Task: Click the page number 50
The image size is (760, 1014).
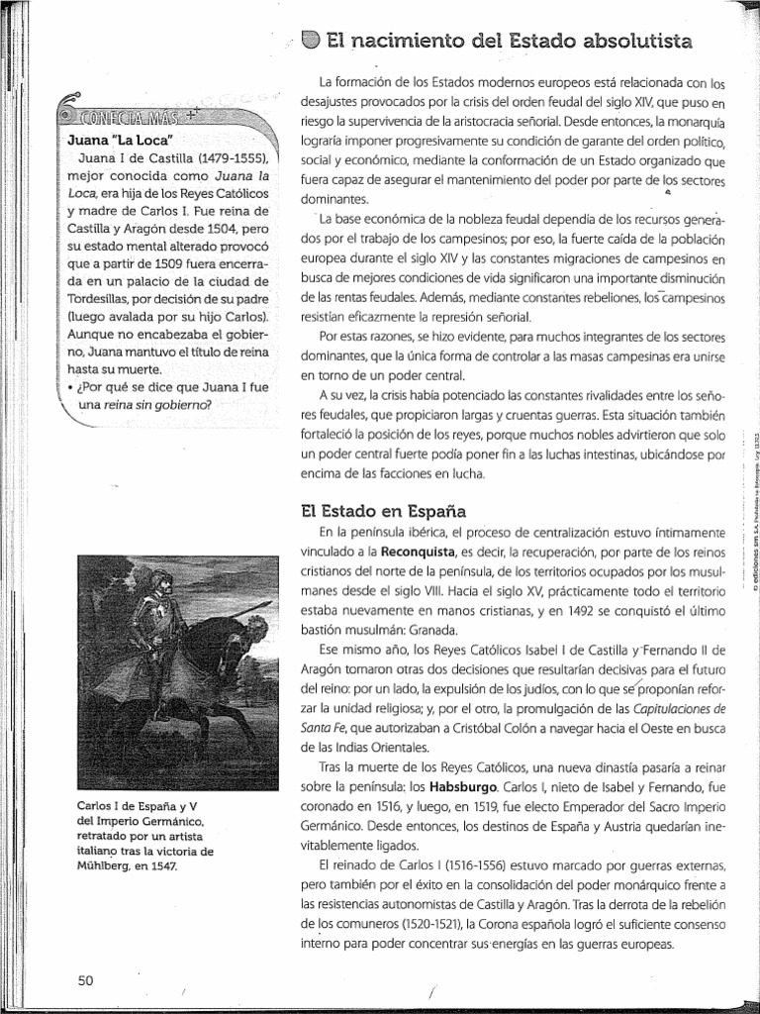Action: (84, 980)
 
